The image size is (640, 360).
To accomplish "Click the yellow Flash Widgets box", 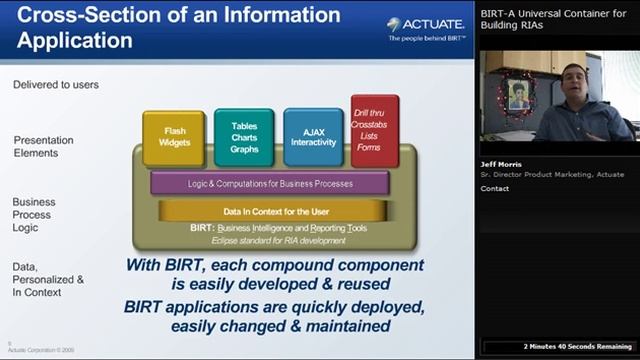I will point(173,137).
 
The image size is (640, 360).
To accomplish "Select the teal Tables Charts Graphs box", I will point(243,137).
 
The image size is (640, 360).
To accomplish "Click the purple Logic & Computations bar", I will point(270,183).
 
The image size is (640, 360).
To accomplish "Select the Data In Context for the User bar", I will point(270,212).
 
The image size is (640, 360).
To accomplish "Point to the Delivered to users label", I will point(55,85).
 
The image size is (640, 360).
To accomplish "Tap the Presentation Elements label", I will point(36,146).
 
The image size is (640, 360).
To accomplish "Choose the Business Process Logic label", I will point(34,213).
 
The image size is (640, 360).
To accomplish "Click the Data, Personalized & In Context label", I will point(47,279).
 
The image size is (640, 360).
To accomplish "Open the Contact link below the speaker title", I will point(494,188).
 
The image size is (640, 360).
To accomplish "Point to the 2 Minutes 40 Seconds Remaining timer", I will point(578,347).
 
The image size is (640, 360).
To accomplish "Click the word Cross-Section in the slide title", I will point(76,15).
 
